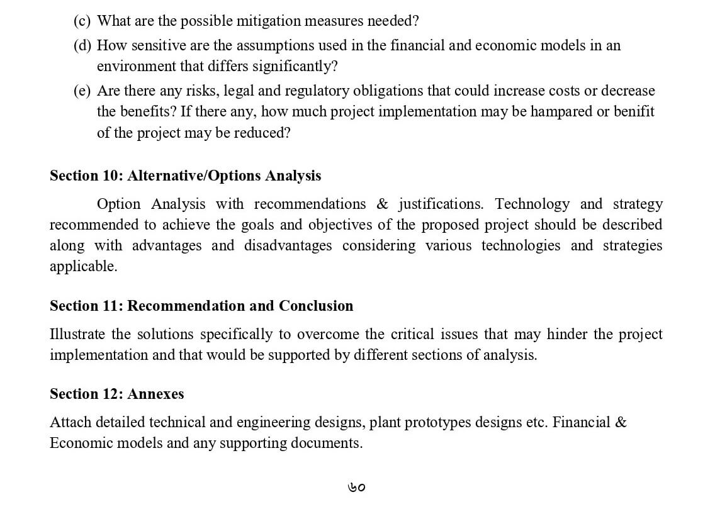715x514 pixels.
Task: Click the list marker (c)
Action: pyautogui.click(x=82, y=21)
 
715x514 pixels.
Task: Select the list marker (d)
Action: pyautogui.click(x=82, y=46)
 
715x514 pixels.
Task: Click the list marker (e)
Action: pyautogui.click(x=82, y=91)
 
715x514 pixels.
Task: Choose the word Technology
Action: pyautogui.click(x=532, y=204)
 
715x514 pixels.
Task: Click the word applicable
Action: pyautogui.click(x=83, y=267)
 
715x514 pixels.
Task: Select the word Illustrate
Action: pyautogui.click(x=78, y=335)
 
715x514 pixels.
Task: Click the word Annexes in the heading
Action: pyautogui.click(x=155, y=394)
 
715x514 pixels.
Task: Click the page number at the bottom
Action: pyautogui.click(x=356, y=488)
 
